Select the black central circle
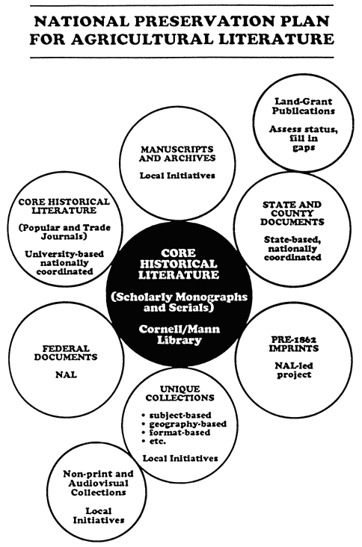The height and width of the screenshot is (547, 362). tap(179, 295)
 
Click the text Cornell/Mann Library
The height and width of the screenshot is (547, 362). tap(179, 334)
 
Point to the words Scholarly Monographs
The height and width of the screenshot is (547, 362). tap(179, 297)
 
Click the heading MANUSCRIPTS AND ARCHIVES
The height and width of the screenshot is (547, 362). tap(177, 153)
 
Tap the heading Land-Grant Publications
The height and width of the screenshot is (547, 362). tap(304, 106)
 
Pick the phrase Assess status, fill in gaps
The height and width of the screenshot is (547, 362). tap(304, 138)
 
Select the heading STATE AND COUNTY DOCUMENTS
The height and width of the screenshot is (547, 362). tap(292, 213)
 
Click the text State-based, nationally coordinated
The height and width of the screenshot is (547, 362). tap(292, 248)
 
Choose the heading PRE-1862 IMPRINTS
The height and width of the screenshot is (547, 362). tap(294, 344)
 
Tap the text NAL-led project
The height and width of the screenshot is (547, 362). tap(294, 370)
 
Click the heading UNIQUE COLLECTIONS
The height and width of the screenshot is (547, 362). tap(180, 393)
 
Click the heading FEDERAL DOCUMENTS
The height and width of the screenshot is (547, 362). tap(66, 353)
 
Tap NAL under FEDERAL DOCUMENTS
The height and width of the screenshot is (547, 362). tap(66, 374)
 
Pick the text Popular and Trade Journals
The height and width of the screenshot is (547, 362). tap(64, 232)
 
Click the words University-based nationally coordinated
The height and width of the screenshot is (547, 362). tap(64, 262)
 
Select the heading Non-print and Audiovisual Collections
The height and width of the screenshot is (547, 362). tap(98, 483)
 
